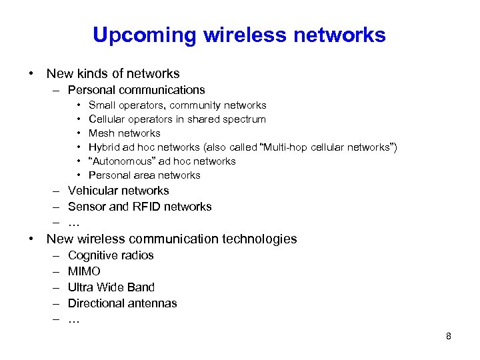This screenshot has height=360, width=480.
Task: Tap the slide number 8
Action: tap(449, 336)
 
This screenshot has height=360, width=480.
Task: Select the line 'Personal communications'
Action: tap(136, 90)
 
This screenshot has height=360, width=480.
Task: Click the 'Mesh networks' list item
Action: tap(124, 133)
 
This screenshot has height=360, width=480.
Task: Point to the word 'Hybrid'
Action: tap(104, 147)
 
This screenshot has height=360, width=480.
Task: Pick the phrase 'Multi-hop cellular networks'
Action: tap(321, 147)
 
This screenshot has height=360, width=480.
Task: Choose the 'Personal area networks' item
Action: tap(144, 175)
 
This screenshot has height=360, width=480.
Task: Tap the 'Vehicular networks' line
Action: tap(118, 191)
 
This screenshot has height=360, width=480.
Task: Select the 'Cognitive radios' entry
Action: tap(111, 255)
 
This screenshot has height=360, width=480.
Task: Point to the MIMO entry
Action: tap(84, 271)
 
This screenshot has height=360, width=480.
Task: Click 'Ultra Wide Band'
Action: tap(111, 287)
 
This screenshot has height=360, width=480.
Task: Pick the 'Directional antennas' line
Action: tap(122, 303)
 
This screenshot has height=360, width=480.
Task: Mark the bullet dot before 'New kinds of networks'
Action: tap(31, 74)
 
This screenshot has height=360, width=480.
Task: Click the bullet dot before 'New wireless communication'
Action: tap(31, 239)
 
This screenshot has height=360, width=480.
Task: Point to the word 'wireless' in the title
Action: tap(237, 35)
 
